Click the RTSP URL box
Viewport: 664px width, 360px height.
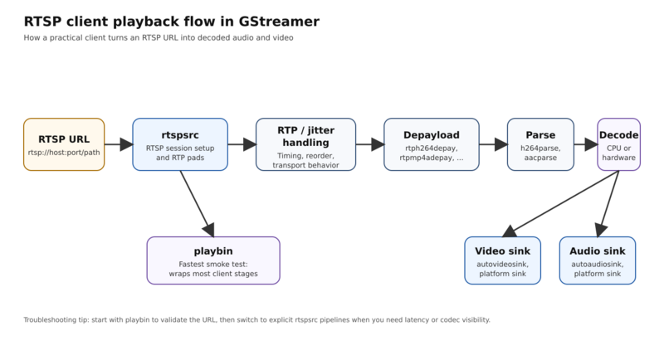[63, 144]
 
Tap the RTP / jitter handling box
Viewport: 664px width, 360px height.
[305, 144]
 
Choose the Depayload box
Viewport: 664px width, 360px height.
[432, 144]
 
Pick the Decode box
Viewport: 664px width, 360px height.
[618, 144]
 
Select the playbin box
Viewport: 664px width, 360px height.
[213, 260]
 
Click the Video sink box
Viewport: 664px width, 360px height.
[503, 260]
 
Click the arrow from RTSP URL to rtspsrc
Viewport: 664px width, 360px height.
[118, 145]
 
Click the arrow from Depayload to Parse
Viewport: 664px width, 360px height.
[493, 145]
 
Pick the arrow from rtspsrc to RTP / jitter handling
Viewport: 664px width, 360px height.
[241, 145]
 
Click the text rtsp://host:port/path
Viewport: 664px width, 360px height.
[63, 153]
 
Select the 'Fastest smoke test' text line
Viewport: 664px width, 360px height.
[213, 264]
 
